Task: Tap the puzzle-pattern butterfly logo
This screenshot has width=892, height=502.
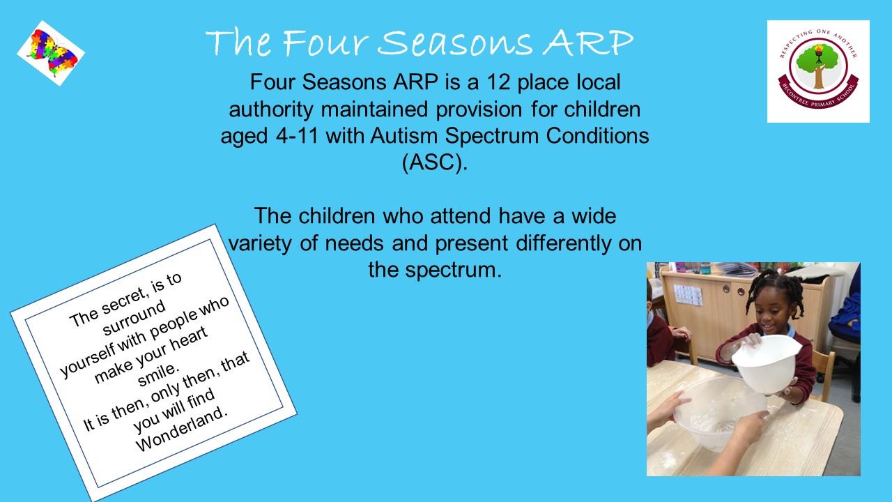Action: coord(51,53)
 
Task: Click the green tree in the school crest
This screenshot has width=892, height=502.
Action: coord(818,64)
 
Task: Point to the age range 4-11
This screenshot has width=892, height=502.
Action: coord(297,135)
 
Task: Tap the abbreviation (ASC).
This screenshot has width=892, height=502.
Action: coord(434,162)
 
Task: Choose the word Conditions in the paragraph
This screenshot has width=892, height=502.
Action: coord(597,135)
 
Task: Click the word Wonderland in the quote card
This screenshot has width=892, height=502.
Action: coord(182,429)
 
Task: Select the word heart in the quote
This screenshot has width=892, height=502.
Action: coord(189,340)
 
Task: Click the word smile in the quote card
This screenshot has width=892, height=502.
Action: coord(157,375)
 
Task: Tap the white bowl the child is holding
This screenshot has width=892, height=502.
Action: coord(766,363)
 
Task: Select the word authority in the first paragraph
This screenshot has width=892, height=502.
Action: coord(271,109)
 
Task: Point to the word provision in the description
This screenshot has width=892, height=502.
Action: coord(479,109)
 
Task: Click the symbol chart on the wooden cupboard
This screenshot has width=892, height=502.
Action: coord(688,295)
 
